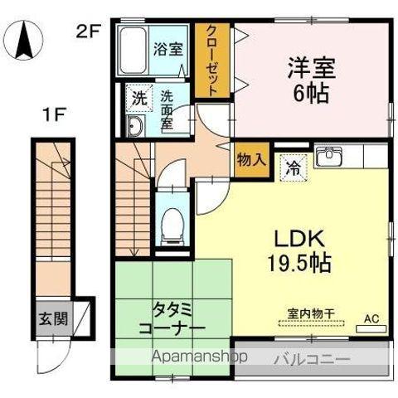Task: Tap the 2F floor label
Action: click(x=89, y=33)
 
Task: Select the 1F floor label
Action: click(x=56, y=115)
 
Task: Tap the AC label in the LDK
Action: click(x=370, y=318)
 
